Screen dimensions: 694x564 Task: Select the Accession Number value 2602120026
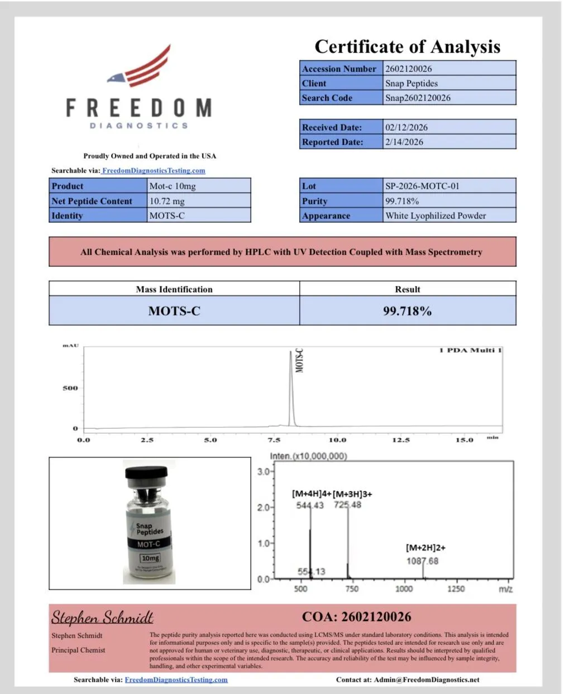408,69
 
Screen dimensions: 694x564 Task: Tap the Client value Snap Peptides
411,83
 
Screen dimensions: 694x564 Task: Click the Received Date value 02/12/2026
406,127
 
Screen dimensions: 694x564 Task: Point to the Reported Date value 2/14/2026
404,142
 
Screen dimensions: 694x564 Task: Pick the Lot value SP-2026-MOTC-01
422,186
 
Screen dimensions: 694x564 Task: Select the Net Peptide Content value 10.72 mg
166,201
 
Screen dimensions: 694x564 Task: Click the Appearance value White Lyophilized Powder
435,216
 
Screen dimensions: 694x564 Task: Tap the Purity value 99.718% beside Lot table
402,201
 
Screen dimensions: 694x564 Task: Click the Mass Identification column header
174,289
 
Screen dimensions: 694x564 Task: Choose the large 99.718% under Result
407,311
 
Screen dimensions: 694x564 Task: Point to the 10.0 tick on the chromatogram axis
337,440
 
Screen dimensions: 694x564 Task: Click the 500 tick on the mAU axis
70,388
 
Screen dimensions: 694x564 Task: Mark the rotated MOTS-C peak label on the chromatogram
299,361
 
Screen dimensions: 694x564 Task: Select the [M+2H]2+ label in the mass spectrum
426,548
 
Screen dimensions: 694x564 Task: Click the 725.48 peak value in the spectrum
347,505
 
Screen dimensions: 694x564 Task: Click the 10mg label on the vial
150,558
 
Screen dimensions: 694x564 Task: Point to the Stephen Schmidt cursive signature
102,618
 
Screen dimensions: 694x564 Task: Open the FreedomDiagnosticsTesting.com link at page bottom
176,679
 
